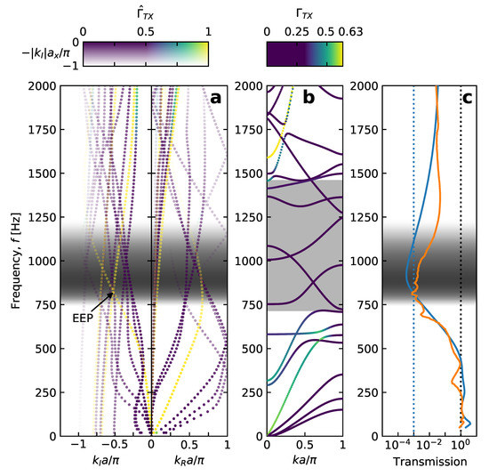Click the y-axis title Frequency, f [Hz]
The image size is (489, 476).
click(16, 260)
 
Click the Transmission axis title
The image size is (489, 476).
click(430, 463)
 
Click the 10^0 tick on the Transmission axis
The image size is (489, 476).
click(461, 448)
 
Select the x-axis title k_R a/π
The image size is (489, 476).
click(189, 464)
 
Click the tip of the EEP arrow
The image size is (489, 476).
click(115, 293)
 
